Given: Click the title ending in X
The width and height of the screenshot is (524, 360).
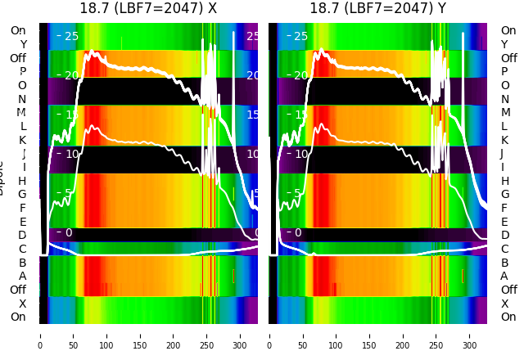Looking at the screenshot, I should [148, 9].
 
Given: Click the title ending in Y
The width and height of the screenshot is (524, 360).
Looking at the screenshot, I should [377, 9].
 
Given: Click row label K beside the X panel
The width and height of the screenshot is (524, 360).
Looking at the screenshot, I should [22, 140].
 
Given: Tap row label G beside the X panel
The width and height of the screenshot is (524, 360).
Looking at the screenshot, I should [22, 195].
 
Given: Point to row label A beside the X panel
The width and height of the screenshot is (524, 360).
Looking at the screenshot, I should [22, 277].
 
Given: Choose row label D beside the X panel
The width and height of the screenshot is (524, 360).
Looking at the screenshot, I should [22, 236].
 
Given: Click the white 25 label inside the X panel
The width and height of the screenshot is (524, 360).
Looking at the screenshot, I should [70, 37].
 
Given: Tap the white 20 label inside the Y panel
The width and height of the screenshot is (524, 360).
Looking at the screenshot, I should [299, 76].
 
